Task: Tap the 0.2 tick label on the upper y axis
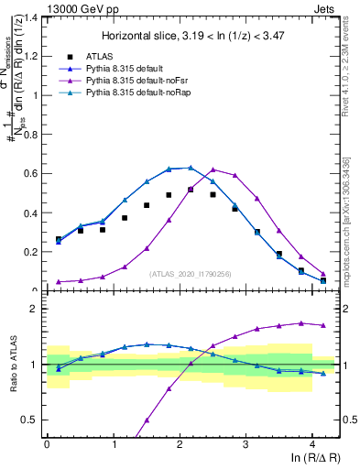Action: pyautogui.click(x=30, y=251)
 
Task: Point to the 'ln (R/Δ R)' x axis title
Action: pyautogui.click(x=311, y=456)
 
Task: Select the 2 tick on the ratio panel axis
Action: pyautogui.click(x=35, y=309)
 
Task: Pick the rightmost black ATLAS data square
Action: pyautogui.click(x=322, y=280)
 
